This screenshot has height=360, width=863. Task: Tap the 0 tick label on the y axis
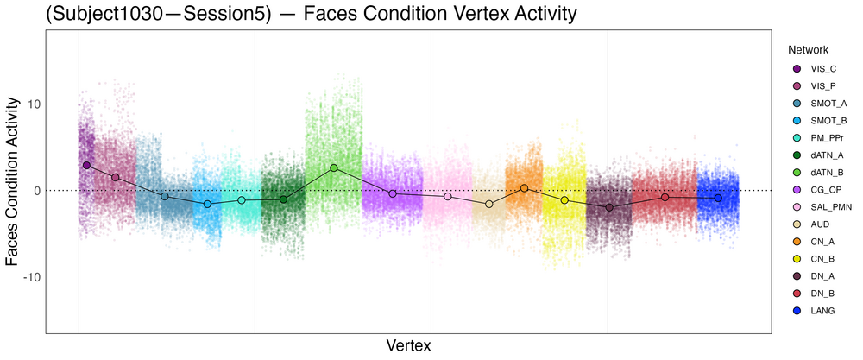tap(35, 191)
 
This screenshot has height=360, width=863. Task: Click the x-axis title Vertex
tap(408, 345)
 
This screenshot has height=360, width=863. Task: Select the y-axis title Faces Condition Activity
tap(13, 180)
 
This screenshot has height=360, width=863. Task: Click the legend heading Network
tap(808, 50)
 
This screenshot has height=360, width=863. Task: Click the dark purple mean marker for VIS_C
tap(86, 165)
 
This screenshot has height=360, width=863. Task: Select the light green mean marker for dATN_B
tap(334, 167)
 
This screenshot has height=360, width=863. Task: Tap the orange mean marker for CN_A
tap(524, 188)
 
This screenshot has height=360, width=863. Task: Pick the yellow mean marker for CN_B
tap(565, 200)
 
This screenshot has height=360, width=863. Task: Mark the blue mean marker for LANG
tap(718, 199)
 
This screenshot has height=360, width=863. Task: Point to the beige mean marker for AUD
tap(489, 204)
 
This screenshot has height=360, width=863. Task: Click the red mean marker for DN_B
tap(665, 198)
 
